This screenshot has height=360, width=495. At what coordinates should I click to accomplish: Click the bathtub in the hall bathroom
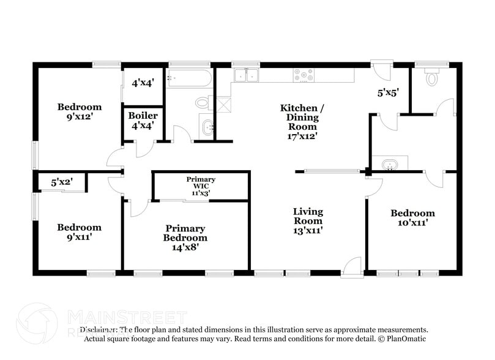pos(189,78)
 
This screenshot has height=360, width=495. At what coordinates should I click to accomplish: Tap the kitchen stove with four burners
pos(303,75)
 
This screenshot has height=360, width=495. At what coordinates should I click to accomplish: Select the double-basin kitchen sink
pos(247,75)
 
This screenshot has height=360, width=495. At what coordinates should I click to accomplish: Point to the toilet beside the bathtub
pos(203,102)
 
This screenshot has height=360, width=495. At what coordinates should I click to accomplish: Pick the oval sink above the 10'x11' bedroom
pos(389,164)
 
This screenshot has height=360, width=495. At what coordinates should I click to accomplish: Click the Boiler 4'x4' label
pos(143,120)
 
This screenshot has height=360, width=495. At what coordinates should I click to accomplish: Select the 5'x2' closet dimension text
pos(62,182)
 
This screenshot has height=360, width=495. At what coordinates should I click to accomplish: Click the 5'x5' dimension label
pos(388,93)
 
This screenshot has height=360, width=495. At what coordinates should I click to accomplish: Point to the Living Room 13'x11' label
pos(307,221)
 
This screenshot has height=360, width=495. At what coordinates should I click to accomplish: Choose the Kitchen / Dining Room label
pos(302,122)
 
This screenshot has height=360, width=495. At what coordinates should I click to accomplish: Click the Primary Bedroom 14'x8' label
pos(185,238)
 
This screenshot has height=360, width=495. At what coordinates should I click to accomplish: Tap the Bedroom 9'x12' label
pos(80,111)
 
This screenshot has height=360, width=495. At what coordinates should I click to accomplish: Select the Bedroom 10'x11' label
pos(413,218)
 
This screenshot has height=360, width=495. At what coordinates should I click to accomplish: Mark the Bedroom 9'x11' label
pos(79,232)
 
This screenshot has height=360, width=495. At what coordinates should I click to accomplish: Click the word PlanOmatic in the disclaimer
pos(403,339)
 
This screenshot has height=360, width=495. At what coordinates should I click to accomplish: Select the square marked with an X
pos(225,103)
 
